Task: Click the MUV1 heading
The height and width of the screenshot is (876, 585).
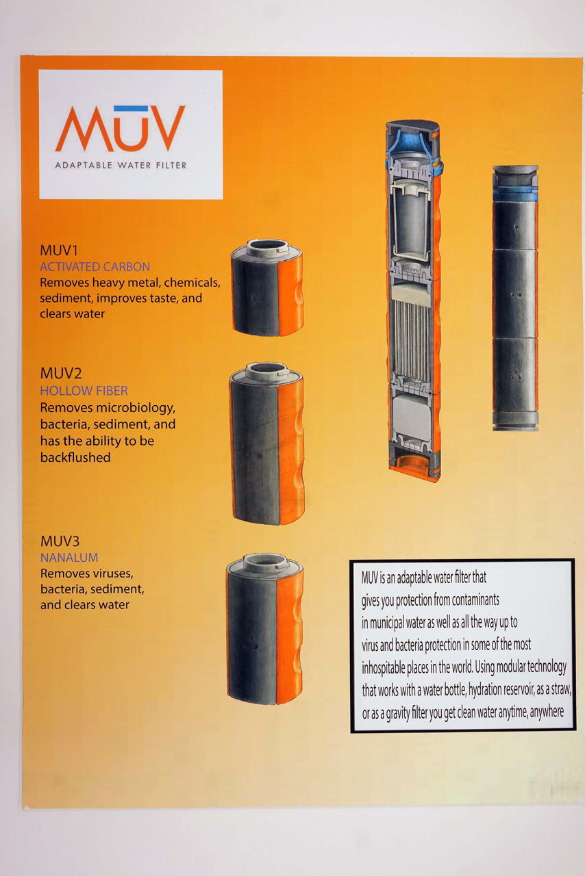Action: pos(59,250)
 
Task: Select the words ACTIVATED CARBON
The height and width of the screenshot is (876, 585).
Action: pos(95,267)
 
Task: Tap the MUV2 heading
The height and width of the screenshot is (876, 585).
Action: pos(61,374)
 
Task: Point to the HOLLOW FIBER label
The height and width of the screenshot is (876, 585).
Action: pos(84,391)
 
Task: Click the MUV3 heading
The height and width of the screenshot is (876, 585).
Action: pos(60,541)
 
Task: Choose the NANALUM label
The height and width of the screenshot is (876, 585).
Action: pos(69,558)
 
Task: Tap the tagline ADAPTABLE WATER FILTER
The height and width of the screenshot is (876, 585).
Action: pos(121,165)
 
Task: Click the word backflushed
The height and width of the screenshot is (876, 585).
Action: pos(75,458)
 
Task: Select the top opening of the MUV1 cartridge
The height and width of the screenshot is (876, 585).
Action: pos(268,246)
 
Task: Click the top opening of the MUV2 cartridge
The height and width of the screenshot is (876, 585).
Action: pos(267,370)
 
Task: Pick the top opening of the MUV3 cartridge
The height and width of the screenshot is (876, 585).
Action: pos(266,561)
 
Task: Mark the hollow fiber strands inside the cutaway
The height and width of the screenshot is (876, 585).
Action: pos(412,341)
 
